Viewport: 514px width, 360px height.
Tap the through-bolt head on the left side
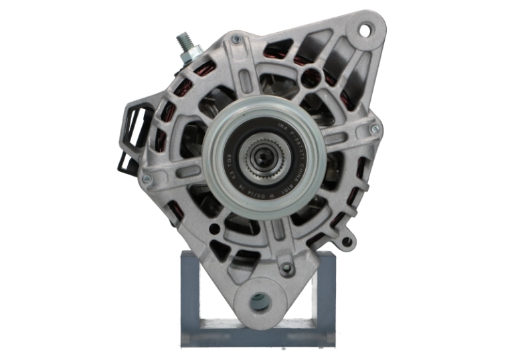147,179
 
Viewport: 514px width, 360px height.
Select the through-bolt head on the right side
375,126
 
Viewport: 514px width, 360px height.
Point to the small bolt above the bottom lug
286,268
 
